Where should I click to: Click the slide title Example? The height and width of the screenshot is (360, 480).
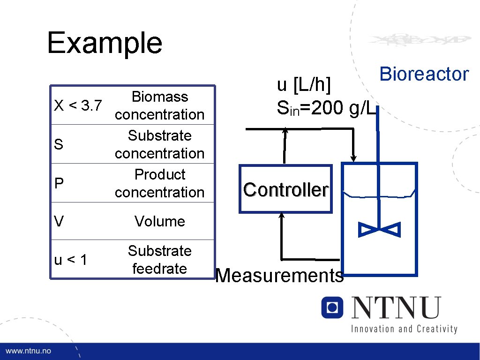[x=105, y=43]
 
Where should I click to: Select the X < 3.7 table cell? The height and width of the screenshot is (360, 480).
[x=78, y=106]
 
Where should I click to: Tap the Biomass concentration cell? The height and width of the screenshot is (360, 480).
[x=159, y=105]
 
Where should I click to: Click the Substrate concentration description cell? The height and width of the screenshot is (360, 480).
[x=159, y=144]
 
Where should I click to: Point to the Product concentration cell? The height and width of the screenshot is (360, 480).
[x=159, y=183]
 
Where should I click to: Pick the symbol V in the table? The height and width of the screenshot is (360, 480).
[x=59, y=221]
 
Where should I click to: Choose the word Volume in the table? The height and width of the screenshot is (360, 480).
[x=159, y=221]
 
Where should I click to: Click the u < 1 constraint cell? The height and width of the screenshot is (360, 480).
[x=71, y=260]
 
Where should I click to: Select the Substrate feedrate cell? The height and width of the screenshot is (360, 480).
[x=159, y=260]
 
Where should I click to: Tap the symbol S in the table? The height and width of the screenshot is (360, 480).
[x=59, y=144]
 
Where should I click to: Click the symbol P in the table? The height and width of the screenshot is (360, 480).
[x=59, y=183]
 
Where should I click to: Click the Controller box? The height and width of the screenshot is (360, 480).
[x=285, y=189]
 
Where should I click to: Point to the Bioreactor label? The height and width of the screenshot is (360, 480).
[x=424, y=74]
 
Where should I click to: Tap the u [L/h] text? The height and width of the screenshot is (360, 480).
[x=304, y=86]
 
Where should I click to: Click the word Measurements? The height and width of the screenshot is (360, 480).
[x=279, y=276]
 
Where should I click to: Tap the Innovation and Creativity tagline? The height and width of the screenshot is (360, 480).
[x=404, y=329]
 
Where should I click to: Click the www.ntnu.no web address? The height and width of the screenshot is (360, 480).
[x=29, y=351]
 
